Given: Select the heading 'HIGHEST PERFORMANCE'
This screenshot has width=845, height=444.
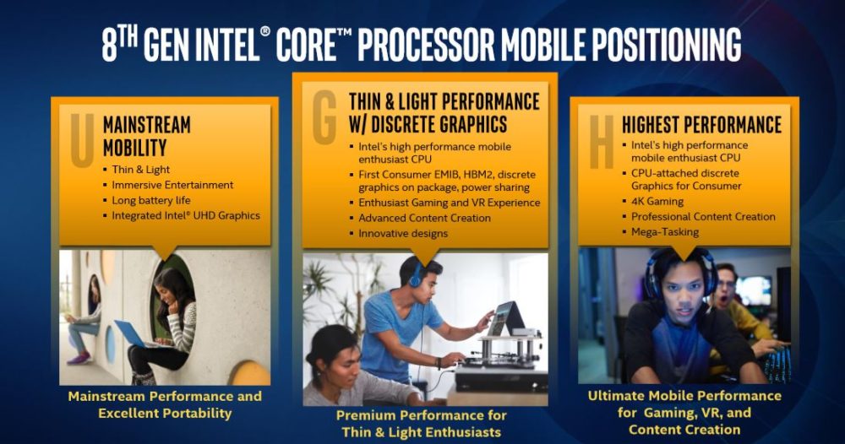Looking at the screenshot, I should click(x=701, y=125).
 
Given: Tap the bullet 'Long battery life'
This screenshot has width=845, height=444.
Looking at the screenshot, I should click(x=151, y=200).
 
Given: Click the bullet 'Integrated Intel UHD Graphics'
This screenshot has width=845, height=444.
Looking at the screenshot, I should click(x=186, y=215).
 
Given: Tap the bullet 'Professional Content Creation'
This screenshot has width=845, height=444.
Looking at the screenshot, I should click(x=703, y=216).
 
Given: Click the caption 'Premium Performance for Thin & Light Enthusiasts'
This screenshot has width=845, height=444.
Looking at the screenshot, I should click(x=421, y=424).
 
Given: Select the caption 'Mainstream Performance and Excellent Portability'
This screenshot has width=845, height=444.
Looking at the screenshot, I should click(x=165, y=404).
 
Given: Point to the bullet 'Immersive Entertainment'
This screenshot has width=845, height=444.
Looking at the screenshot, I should click(x=172, y=185).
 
